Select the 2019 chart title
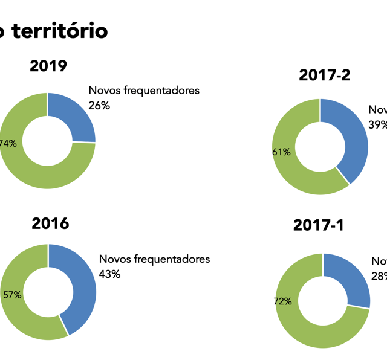tap(48, 66)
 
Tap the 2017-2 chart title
tap(325, 75)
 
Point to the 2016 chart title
tap(50, 223)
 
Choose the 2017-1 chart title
tap(319, 225)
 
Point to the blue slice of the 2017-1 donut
tap(351, 278)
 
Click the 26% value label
tap(99, 106)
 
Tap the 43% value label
tap(109, 274)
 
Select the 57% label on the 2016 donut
tap(12, 295)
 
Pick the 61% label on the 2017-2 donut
tap(281, 152)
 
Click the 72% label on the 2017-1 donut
tap(282, 301)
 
